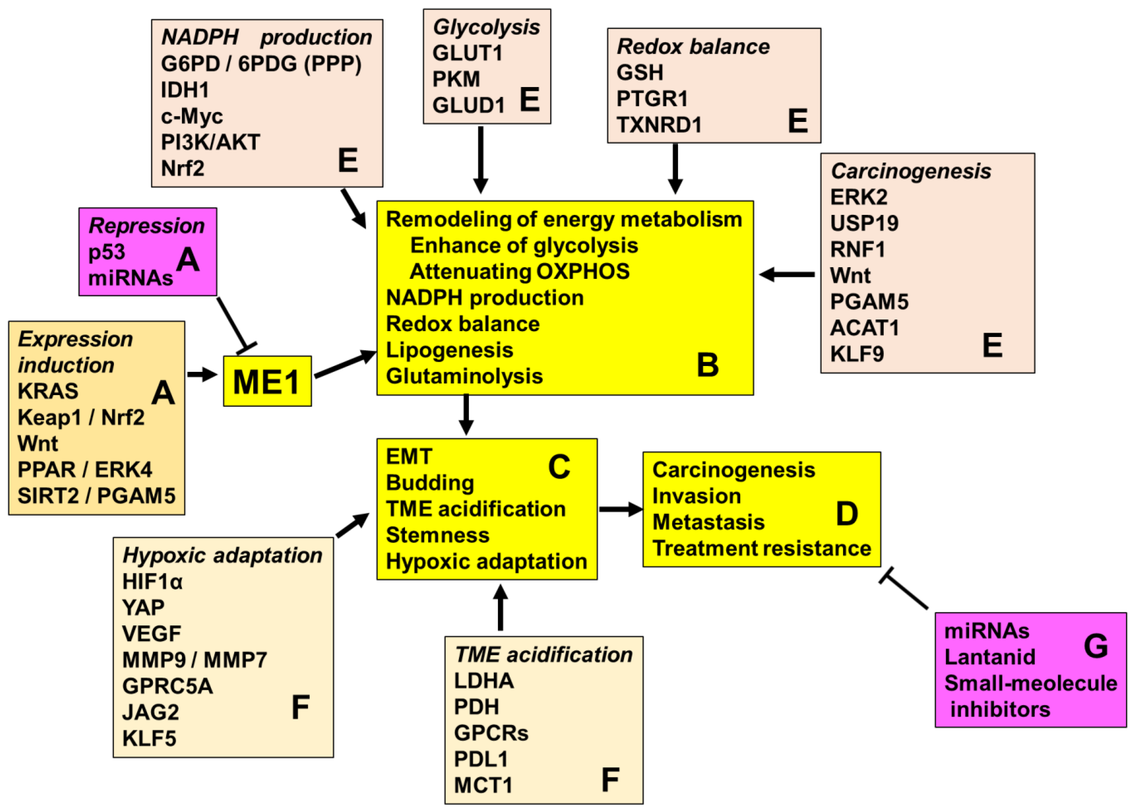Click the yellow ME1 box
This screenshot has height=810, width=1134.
(267, 381)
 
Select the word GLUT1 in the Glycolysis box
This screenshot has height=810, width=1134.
(467, 53)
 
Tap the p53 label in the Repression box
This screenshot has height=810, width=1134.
(107, 252)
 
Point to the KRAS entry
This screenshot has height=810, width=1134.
(48, 391)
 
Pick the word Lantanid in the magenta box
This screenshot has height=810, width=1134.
(990, 657)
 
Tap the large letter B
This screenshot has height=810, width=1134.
(708, 365)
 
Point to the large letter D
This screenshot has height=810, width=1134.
(847, 514)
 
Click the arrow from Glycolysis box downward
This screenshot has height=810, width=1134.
(481, 160)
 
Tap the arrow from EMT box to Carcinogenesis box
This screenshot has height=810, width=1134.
(621, 509)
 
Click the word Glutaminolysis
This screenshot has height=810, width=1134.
(464, 376)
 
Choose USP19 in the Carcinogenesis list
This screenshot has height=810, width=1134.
(864, 223)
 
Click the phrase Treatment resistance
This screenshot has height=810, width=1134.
(761, 548)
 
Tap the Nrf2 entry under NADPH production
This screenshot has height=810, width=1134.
(182, 169)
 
